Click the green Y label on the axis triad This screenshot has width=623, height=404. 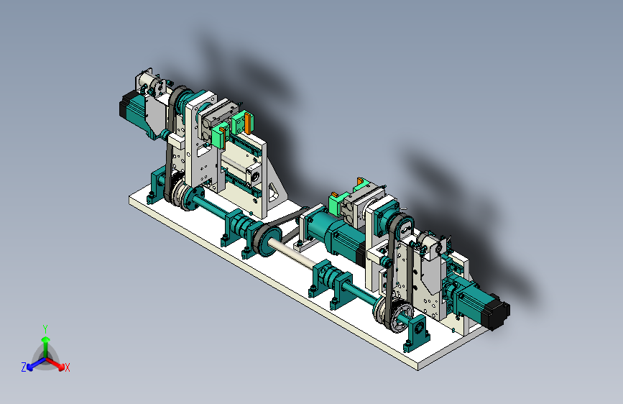tap(45, 329)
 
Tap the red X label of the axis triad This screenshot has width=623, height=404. tap(68, 367)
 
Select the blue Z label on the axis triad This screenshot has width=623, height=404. tap(24, 367)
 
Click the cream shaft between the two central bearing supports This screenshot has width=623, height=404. tap(292, 254)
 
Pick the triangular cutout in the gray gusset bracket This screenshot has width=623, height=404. tap(274, 191)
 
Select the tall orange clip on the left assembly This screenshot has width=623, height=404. tap(248, 123)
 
